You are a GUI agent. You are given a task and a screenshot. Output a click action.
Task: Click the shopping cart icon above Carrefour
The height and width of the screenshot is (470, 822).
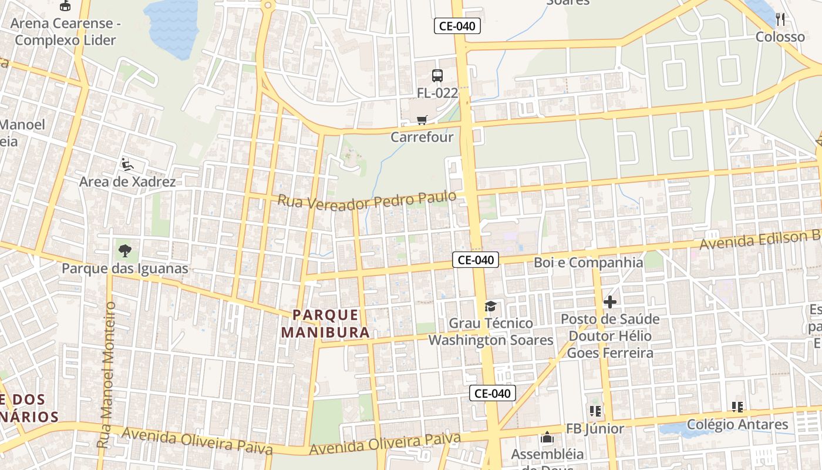pyautogui.click(x=422, y=120)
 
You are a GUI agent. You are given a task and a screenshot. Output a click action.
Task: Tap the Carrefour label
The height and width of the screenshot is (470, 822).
pyautogui.click(x=422, y=137)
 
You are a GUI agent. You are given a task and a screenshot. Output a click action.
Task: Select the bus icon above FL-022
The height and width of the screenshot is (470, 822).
pyautogui.click(x=437, y=75)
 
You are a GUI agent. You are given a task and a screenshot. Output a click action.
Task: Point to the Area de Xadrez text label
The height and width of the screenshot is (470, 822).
pyautogui.click(x=127, y=182)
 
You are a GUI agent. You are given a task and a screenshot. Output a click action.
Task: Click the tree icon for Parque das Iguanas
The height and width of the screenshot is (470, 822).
pyautogui.click(x=124, y=251)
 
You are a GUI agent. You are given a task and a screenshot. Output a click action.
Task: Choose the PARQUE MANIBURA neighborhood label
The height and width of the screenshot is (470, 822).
pyautogui.click(x=325, y=323)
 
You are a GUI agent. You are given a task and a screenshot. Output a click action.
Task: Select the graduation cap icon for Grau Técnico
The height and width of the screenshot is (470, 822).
pyautogui.click(x=490, y=306)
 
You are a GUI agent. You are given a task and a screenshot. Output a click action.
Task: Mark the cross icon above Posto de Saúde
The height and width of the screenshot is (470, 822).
pyautogui.click(x=610, y=302)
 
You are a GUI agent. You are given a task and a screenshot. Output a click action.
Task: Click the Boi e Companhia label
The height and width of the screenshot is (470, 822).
pyautogui.click(x=588, y=262)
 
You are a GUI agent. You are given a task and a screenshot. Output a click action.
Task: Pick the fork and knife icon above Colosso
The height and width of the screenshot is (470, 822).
pyautogui.click(x=780, y=19)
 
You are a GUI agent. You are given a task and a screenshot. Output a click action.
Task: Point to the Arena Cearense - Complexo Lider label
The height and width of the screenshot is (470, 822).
pyautogui.click(x=65, y=32)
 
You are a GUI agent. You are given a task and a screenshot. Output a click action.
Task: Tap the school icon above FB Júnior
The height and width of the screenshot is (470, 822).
pyautogui.click(x=595, y=411)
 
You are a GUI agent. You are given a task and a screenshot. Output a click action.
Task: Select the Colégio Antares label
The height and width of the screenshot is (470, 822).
pyautogui.click(x=737, y=424)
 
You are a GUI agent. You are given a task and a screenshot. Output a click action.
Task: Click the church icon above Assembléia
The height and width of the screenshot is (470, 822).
pyautogui.click(x=547, y=437)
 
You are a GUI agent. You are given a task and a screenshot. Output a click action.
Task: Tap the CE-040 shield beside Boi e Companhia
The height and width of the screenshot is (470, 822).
pyautogui.click(x=476, y=260)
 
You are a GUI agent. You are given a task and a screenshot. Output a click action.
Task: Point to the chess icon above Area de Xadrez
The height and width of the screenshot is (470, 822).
pyautogui.click(x=127, y=164)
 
